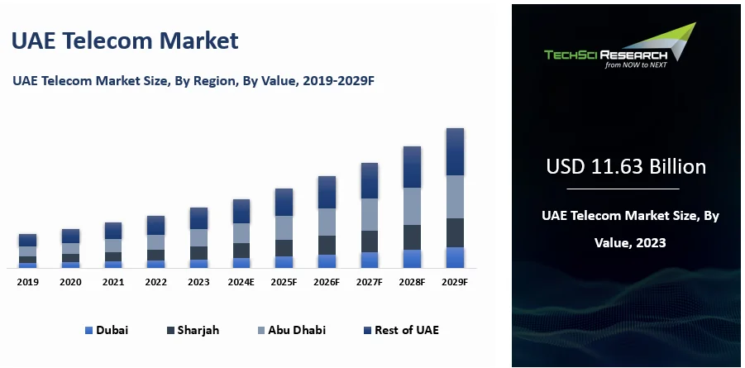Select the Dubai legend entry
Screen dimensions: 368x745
coord(107,330)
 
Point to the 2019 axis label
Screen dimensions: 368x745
coord(28,282)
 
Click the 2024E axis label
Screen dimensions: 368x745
coord(241,282)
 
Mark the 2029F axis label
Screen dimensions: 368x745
coord(455,282)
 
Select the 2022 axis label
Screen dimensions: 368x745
coord(156,282)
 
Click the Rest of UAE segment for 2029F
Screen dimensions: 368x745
coord(455,151)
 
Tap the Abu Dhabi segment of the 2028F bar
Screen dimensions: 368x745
coord(412,206)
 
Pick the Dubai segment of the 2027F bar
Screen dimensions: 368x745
coord(370,260)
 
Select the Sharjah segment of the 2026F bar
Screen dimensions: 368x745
coord(327,245)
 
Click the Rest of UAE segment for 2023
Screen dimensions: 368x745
coord(198,218)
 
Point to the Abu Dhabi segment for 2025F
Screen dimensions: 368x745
coord(284,227)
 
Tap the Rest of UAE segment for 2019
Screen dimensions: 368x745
coord(28,240)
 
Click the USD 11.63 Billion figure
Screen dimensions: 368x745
coord(626,167)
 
